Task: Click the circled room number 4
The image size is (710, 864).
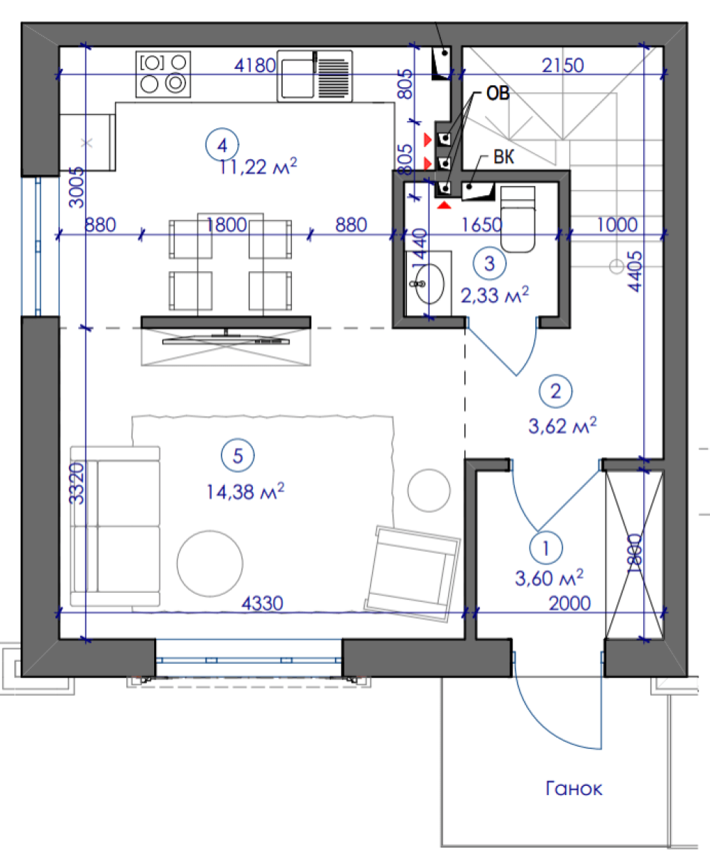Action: pos(222,145)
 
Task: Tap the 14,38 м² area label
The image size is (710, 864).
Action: pos(245,491)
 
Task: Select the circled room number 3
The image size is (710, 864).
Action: pos(489,263)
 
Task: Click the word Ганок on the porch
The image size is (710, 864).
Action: pos(574,789)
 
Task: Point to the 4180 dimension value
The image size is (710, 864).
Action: pos(255,65)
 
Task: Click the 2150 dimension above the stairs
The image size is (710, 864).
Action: pos(562,65)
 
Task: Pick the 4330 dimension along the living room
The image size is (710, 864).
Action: pos(262,603)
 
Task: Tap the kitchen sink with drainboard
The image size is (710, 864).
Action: pos(315,76)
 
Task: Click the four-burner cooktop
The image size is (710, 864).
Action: pos(163,74)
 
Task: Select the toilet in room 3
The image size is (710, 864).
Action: pos(518,219)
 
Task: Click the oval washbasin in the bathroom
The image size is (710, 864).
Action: pos(430,283)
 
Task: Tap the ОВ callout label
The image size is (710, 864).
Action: pos(498,94)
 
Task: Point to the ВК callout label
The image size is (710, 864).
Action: pos(503,157)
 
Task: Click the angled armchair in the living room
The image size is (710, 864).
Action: pos(412,574)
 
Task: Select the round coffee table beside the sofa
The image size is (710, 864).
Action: pos(209,563)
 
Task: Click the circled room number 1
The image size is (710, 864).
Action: pos(546,548)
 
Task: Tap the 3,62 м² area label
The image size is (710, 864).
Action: pos(562,426)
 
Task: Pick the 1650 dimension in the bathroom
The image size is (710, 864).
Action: pos(481,224)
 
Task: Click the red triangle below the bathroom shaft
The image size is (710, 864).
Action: pos(444,205)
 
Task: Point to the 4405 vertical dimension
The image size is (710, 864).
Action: pos(635,271)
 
